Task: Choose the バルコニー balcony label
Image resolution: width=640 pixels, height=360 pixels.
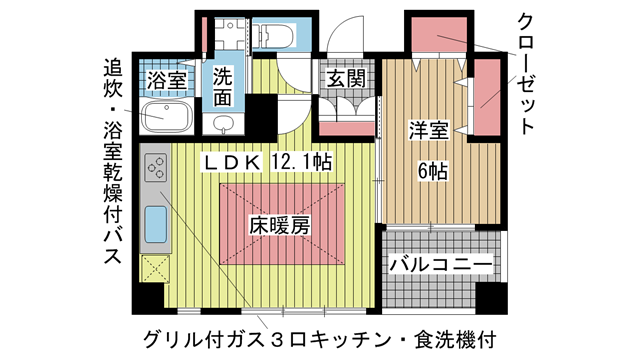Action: click(x=440, y=265)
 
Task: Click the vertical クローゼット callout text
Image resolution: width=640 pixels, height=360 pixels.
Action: click(x=527, y=75)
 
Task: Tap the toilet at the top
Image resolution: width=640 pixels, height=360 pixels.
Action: click(x=276, y=35)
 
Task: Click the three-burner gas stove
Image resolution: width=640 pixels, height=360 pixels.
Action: click(x=156, y=172)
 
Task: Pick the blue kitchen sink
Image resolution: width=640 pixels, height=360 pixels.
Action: click(x=157, y=224)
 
